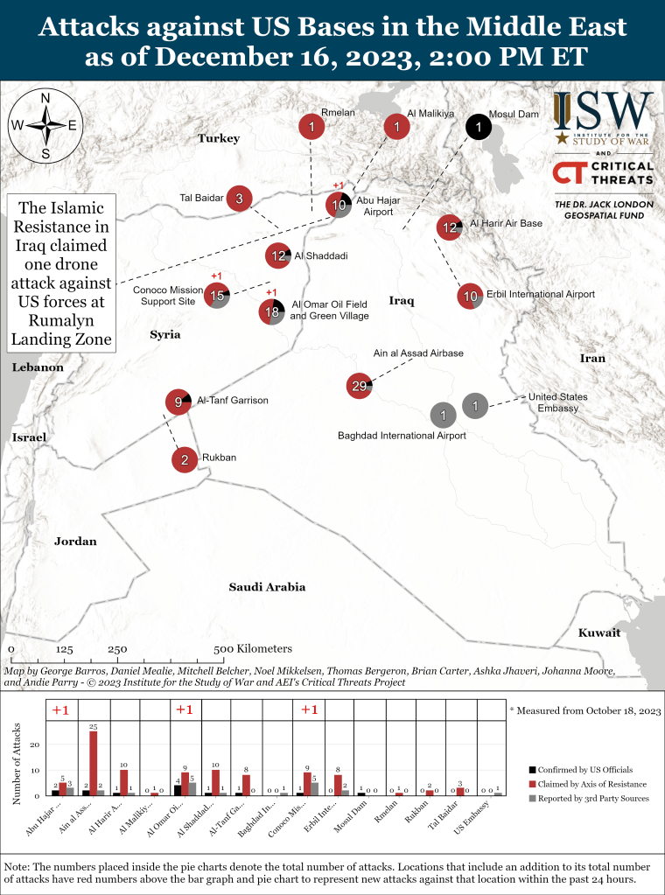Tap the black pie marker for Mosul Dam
[478, 128]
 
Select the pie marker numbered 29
[359, 386]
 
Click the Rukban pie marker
[185, 458]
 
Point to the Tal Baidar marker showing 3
[239, 199]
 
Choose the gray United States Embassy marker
[474, 405]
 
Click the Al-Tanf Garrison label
[232, 401]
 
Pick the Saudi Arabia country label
[267, 587]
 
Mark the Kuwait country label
[598, 633]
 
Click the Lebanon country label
[37, 367]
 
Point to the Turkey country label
[218, 138]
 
